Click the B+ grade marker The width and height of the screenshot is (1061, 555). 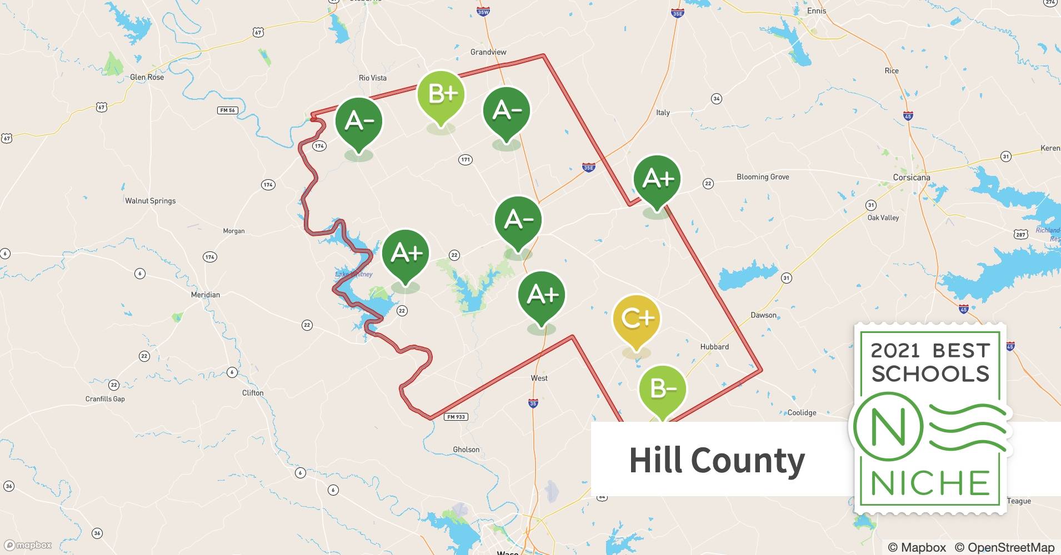(x=441, y=95)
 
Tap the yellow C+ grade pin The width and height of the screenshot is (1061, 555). (x=637, y=319)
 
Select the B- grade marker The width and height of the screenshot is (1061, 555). (x=662, y=389)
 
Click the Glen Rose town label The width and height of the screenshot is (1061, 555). (x=147, y=77)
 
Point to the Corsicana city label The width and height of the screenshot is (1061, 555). (x=911, y=178)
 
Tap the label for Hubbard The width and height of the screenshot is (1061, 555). (x=714, y=347)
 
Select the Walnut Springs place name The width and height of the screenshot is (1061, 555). (x=150, y=201)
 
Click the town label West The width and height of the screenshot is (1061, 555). (x=539, y=379)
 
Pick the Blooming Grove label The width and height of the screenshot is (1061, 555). (x=763, y=177)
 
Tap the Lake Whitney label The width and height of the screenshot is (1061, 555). (x=354, y=274)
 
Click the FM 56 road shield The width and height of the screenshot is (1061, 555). (x=228, y=110)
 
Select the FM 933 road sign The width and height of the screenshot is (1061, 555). (x=456, y=417)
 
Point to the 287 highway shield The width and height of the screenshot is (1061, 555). (x=1020, y=234)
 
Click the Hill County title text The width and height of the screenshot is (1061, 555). (x=717, y=460)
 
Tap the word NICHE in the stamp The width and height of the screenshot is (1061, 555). (x=930, y=483)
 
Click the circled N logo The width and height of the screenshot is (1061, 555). (x=888, y=427)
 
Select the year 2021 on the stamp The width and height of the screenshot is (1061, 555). (x=895, y=351)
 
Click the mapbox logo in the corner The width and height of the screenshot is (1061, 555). (x=28, y=545)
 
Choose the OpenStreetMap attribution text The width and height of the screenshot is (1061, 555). (x=1004, y=547)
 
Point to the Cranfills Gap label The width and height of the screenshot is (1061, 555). (x=105, y=399)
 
